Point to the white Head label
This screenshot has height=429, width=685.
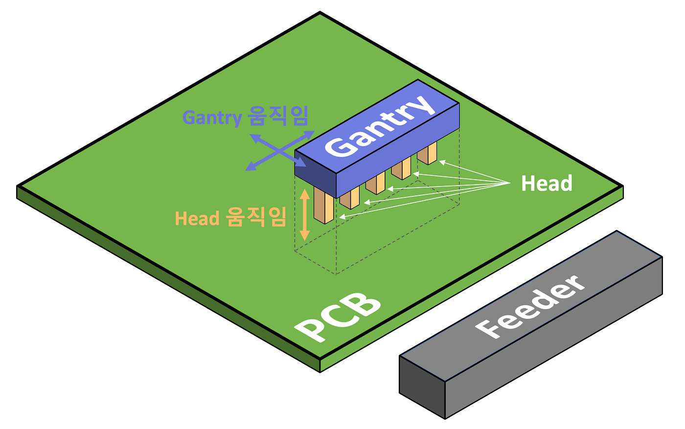click(547, 184)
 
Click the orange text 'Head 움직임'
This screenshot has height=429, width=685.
click(230, 217)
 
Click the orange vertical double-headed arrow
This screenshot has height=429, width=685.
click(304, 214)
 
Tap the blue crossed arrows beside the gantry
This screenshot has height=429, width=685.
click(279, 150)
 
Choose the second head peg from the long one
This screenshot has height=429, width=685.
click(349, 197)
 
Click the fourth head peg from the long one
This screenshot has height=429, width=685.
click(401, 169)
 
